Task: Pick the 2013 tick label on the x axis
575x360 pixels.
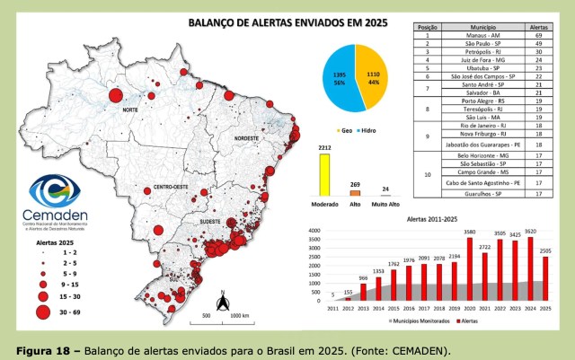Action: (363, 309)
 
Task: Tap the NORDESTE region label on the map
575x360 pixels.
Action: (246, 139)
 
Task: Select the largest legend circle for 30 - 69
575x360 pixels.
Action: (41, 312)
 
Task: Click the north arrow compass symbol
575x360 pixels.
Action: (221, 299)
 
